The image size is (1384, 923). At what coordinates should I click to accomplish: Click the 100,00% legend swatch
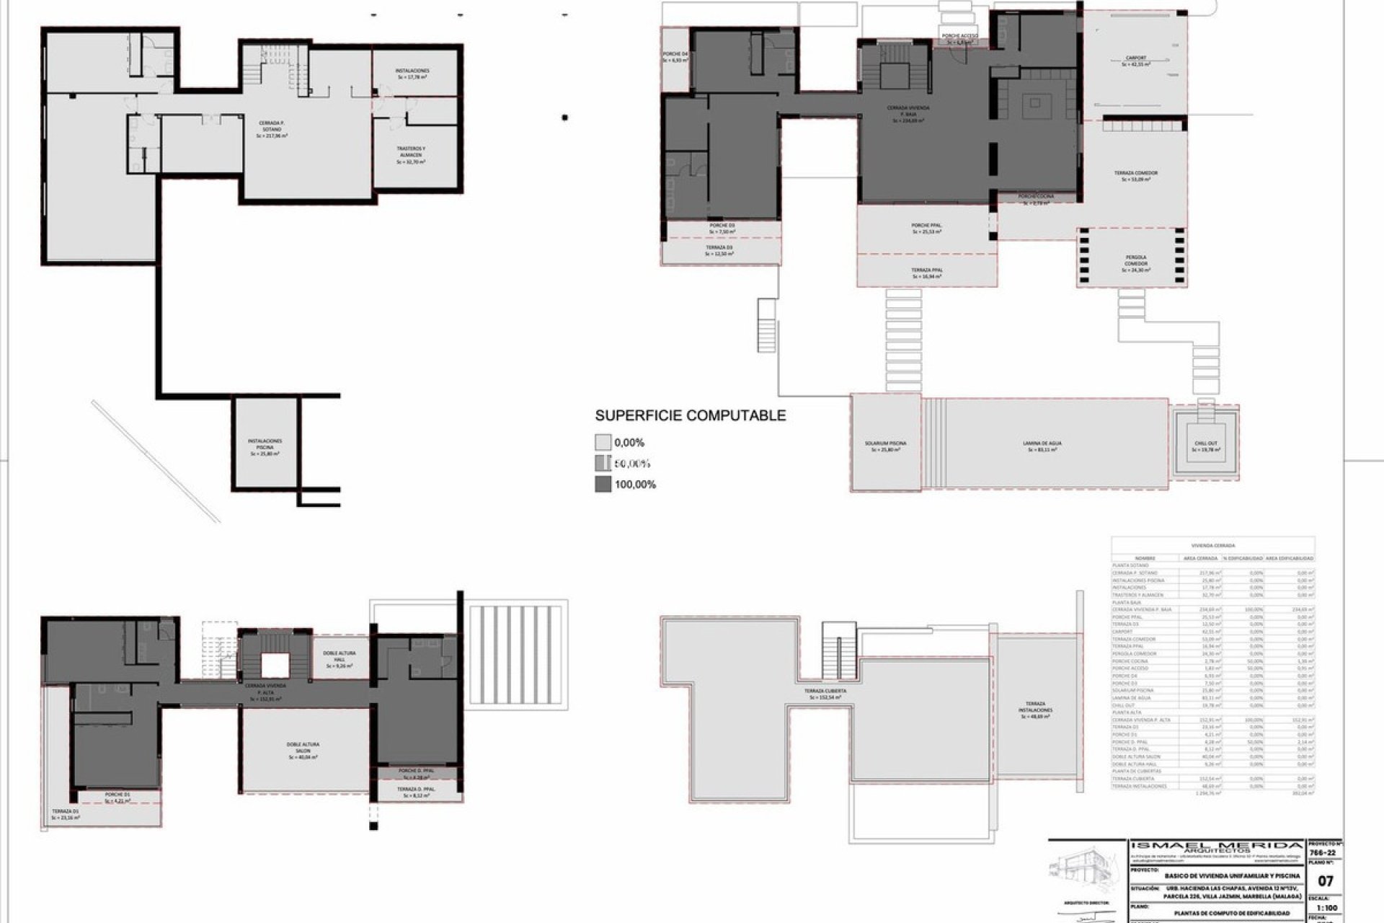[x=603, y=485]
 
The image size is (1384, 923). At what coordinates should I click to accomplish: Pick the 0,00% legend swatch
[x=603, y=443]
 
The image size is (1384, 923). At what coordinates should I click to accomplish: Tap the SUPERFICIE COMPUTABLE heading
[x=690, y=415]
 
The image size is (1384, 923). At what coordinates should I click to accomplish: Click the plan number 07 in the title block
[x=1325, y=881]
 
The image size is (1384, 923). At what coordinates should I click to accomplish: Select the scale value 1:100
[x=1326, y=909]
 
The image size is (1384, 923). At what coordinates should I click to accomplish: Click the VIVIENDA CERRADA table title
[x=1213, y=546]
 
